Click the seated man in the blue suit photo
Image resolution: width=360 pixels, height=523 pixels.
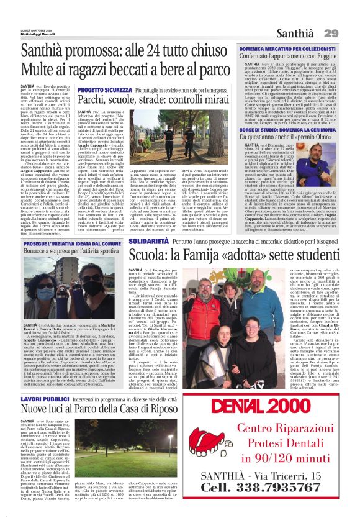pos(338,167)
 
